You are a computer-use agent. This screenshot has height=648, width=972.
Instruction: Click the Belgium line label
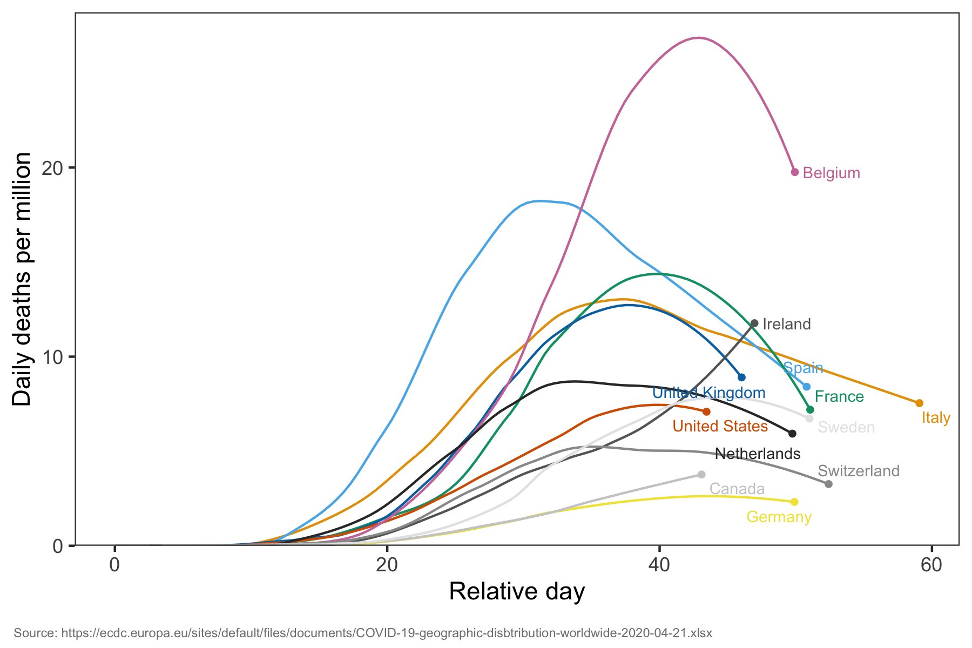pyautogui.click(x=831, y=173)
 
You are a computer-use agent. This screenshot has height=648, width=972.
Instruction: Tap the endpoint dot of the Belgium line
pyautogui.click(x=795, y=172)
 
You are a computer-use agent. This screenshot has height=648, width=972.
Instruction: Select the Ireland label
pyautogui.click(x=786, y=324)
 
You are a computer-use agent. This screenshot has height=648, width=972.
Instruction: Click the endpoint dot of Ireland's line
pyautogui.click(x=754, y=323)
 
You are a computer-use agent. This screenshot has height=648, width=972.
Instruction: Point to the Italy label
pyautogui.click(x=936, y=417)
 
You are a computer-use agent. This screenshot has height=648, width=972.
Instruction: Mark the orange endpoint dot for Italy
pyautogui.click(x=920, y=403)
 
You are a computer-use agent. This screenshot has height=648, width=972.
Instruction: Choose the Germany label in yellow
pyautogui.click(x=779, y=517)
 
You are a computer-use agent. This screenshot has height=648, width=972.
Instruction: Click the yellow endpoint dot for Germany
pyautogui.click(x=794, y=502)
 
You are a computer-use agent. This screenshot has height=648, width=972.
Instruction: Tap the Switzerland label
pyautogui.click(x=859, y=471)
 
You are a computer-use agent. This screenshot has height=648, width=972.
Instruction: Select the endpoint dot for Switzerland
pyautogui.click(x=829, y=484)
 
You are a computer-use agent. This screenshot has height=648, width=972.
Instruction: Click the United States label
pyautogui.click(x=720, y=426)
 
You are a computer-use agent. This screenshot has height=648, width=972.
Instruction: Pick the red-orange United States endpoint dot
pyautogui.click(x=706, y=412)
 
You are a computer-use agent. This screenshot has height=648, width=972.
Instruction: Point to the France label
pyautogui.click(x=839, y=396)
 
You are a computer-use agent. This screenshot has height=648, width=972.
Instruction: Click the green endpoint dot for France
pyautogui.click(x=810, y=410)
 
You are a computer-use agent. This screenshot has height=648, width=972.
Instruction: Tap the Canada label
pyautogui.click(x=737, y=489)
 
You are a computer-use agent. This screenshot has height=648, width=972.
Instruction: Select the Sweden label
pyautogui.click(x=846, y=427)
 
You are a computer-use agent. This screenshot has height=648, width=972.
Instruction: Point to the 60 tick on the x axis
pyautogui.click(x=932, y=565)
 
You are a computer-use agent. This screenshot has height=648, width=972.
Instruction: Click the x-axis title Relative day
pyautogui.click(x=517, y=591)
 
